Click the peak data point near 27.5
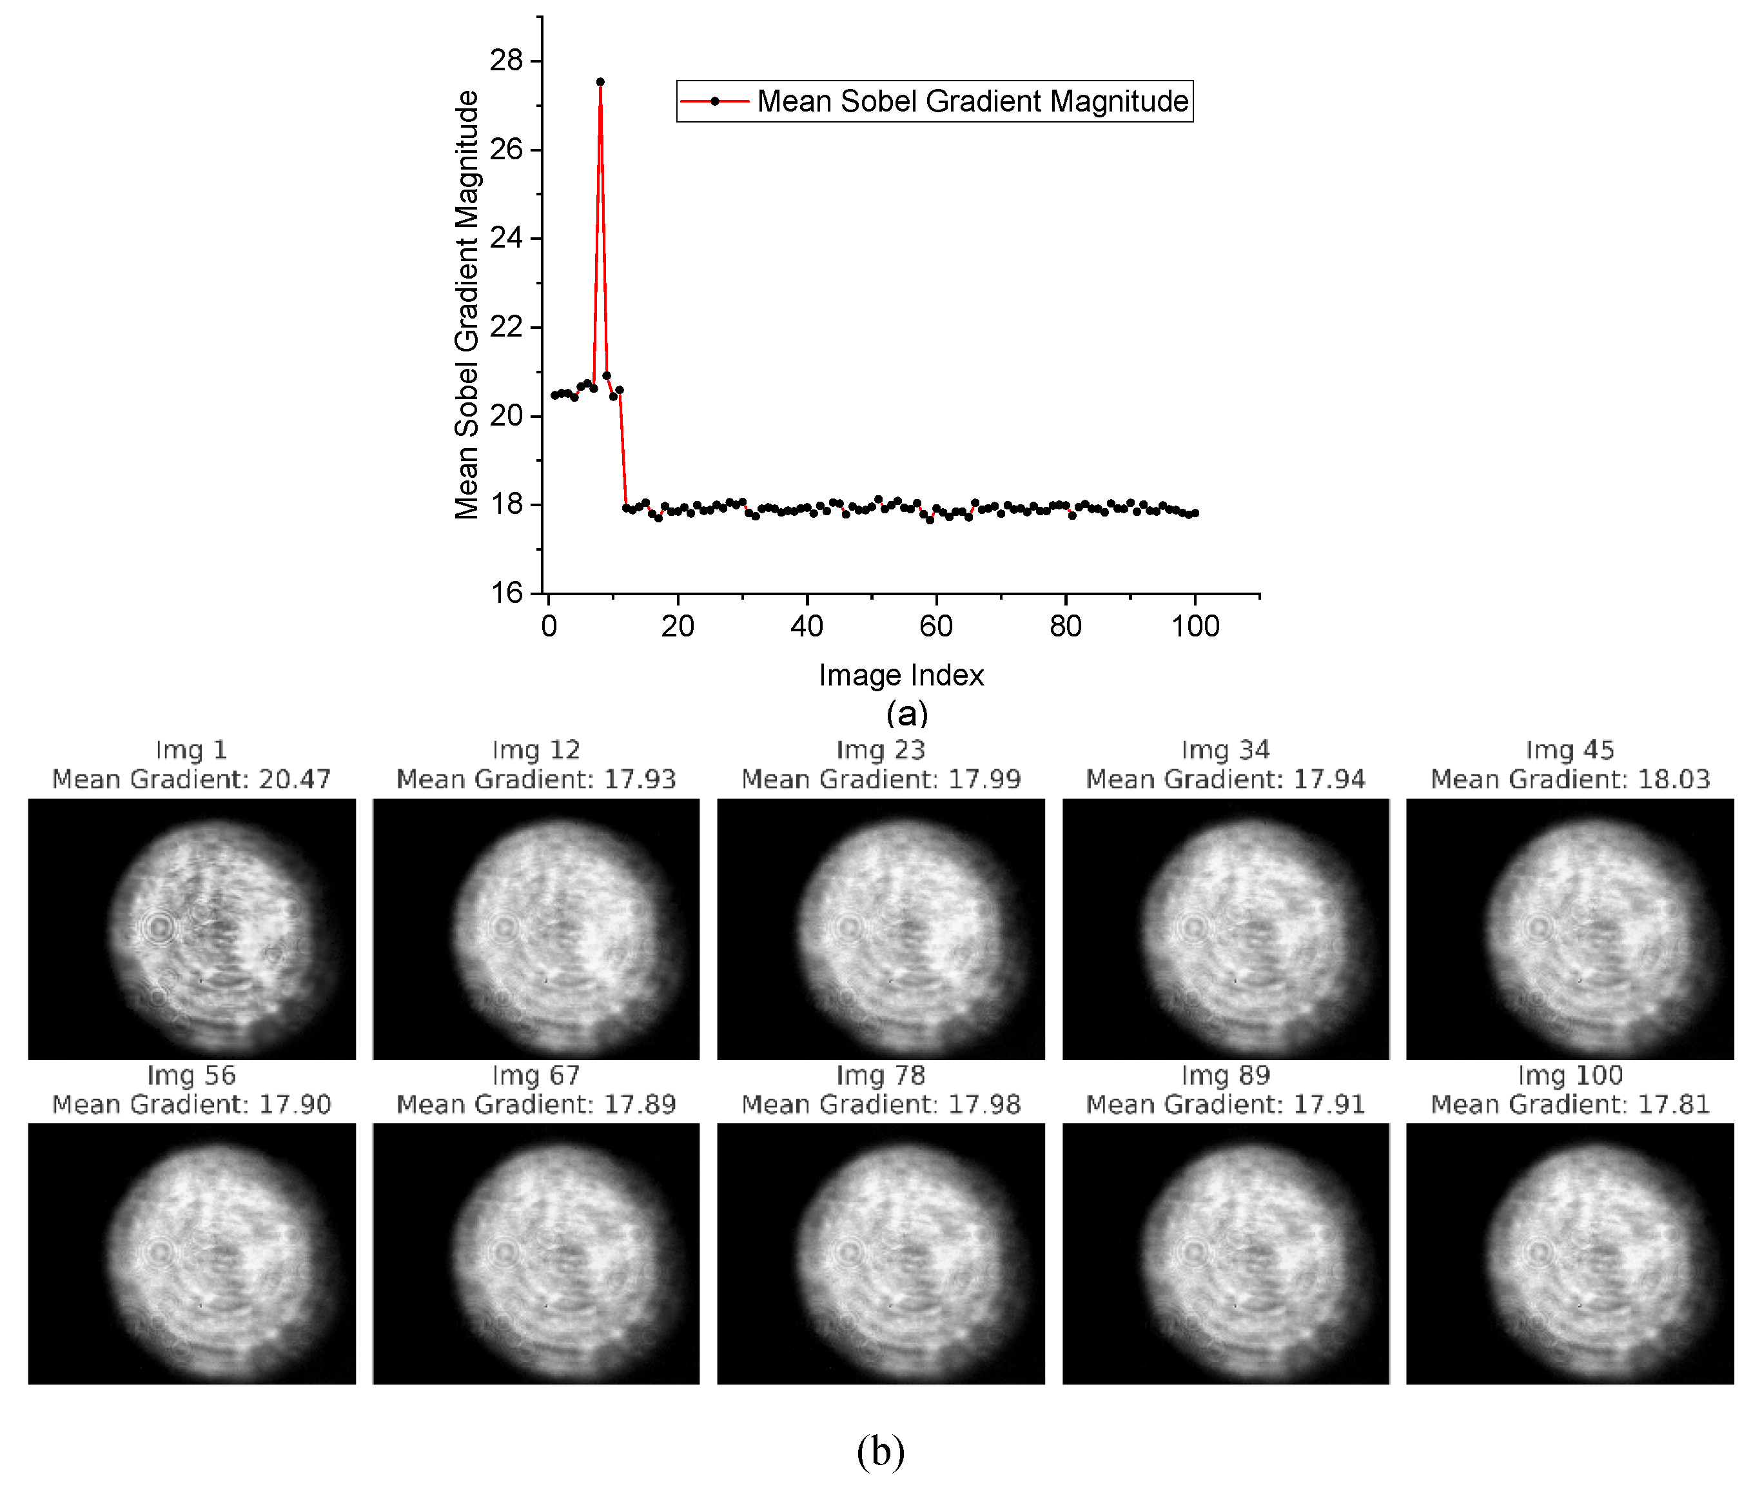coord(600,83)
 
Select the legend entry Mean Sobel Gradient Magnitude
coord(934,101)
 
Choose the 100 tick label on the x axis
coord(1195,626)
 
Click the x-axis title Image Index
coord(901,675)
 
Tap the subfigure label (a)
coord(906,713)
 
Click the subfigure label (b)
coord(881,1450)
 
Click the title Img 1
coord(191,749)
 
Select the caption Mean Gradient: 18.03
coord(1570,779)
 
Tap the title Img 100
coord(1570,1075)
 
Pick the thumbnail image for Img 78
coord(881,1254)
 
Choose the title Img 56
coord(191,1075)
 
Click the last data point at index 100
coord(1195,513)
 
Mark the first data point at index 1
coord(554,395)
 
